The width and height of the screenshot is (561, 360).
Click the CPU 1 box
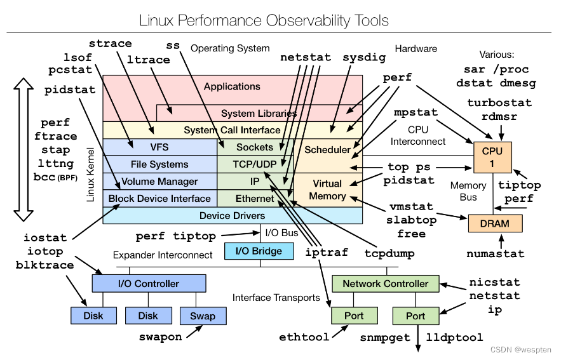point(492,157)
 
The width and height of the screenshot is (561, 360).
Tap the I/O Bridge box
point(259,251)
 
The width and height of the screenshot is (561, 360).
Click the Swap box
point(202,316)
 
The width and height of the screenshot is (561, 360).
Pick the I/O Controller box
point(149,283)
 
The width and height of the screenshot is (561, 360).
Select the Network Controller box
point(386,283)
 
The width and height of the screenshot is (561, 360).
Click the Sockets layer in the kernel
point(255,147)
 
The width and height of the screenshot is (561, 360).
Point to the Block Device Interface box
point(159,199)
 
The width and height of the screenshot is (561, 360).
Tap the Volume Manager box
point(159,182)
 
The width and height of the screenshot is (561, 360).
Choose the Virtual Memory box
point(327,189)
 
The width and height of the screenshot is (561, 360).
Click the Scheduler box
point(327,150)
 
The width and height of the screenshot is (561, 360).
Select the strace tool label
point(110,44)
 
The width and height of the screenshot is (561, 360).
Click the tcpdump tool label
point(389,253)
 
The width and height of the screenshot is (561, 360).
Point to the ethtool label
point(304,337)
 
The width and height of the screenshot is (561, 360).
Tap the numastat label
point(496,254)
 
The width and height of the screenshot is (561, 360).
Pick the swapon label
point(161,337)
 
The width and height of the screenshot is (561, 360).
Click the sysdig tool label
point(364,57)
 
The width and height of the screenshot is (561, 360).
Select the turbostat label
point(499,102)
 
